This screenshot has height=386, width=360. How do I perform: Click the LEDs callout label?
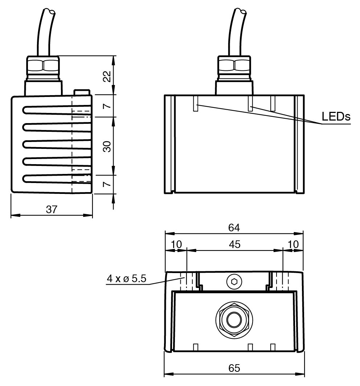336,116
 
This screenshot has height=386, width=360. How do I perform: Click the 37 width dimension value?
52,210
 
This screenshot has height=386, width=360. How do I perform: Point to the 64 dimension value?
234,228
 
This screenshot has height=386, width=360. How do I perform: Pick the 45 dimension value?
235,244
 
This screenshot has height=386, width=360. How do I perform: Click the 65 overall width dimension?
234,368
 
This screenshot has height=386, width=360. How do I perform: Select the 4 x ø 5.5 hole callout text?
127,279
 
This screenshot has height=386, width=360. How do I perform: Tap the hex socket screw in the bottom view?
234,281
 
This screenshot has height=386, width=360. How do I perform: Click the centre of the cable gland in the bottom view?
233,320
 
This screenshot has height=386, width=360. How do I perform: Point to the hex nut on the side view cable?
43,66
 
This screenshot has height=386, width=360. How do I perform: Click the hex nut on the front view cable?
234,66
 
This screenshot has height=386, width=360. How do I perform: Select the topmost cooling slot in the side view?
57,110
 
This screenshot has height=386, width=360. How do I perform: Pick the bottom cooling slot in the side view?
57,179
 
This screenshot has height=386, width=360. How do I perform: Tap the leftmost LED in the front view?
196,103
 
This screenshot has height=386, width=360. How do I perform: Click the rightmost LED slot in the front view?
273,103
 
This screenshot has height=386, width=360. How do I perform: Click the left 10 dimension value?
176,244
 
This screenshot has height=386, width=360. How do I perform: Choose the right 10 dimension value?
293,244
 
